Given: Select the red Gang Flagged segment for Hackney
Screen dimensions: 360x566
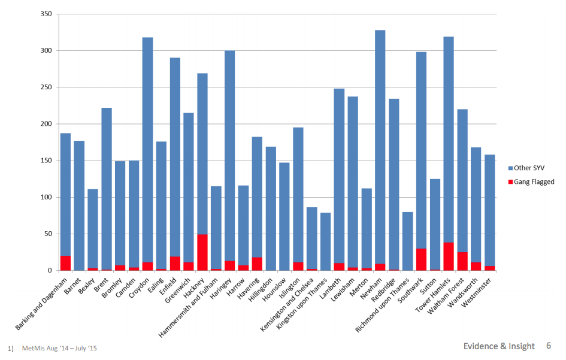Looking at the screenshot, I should click(202, 252).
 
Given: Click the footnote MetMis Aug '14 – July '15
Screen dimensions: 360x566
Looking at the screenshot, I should click(59, 348).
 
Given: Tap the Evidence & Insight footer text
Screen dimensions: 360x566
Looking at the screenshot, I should click(498, 346).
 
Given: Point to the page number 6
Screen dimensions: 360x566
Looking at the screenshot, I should click(548, 346).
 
